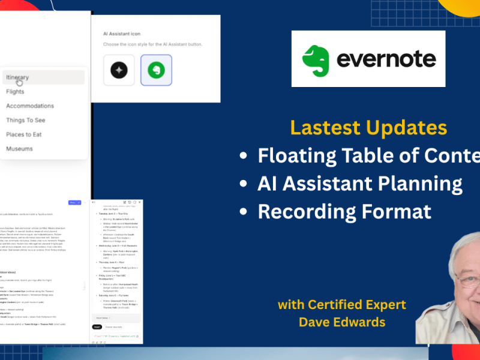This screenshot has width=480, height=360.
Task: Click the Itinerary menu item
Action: (18, 77)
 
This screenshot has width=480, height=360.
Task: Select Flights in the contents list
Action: (16, 92)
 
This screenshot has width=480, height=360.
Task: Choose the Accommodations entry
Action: (30, 106)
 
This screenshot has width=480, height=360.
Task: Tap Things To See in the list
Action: (26, 121)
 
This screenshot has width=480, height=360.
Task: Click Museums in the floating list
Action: (20, 149)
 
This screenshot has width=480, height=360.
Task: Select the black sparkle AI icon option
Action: (119, 70)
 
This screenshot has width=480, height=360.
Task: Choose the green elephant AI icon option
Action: (156, 70)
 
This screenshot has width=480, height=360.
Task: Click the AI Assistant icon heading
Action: (122, 34)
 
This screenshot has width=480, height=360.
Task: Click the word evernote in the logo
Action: (386, 59)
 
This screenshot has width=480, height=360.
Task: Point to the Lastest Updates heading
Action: (368, 127)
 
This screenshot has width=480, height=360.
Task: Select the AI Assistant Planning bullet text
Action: (360, 184)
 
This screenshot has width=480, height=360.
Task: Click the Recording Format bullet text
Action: (344, 211)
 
